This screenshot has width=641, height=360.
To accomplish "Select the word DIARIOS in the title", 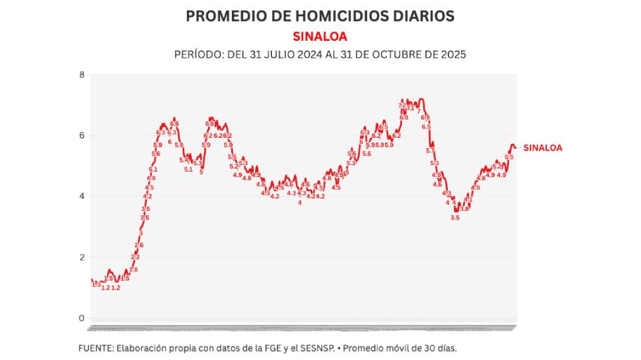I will [x=422, y=15].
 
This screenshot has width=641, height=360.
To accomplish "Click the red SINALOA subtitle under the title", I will [x=320, y=36].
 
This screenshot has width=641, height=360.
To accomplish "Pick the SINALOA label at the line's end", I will [x=543, y=148].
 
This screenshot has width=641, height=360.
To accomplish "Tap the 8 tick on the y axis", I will [x=82, y=75].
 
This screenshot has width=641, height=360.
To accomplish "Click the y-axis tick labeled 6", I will [x=82, y=136].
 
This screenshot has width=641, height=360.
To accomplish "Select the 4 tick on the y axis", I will [x=82, y=196].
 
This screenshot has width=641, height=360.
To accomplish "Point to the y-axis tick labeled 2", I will [x=82, y=257].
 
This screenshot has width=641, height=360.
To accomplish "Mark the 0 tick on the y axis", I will [x=82, y=318].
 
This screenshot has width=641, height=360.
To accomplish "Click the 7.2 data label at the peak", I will [x=402, y=106].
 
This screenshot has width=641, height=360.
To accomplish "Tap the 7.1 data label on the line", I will [x=410, y=108].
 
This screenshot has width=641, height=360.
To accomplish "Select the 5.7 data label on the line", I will [x=430, y=150].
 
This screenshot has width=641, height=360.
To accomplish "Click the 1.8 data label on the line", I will [x=134, y=269].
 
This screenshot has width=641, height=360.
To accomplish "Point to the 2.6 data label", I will [x=139, y=245].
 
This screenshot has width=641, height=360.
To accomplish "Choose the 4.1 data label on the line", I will [x=469, y=200].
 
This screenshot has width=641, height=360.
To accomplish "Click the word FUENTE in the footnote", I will [x=95, y=347].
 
